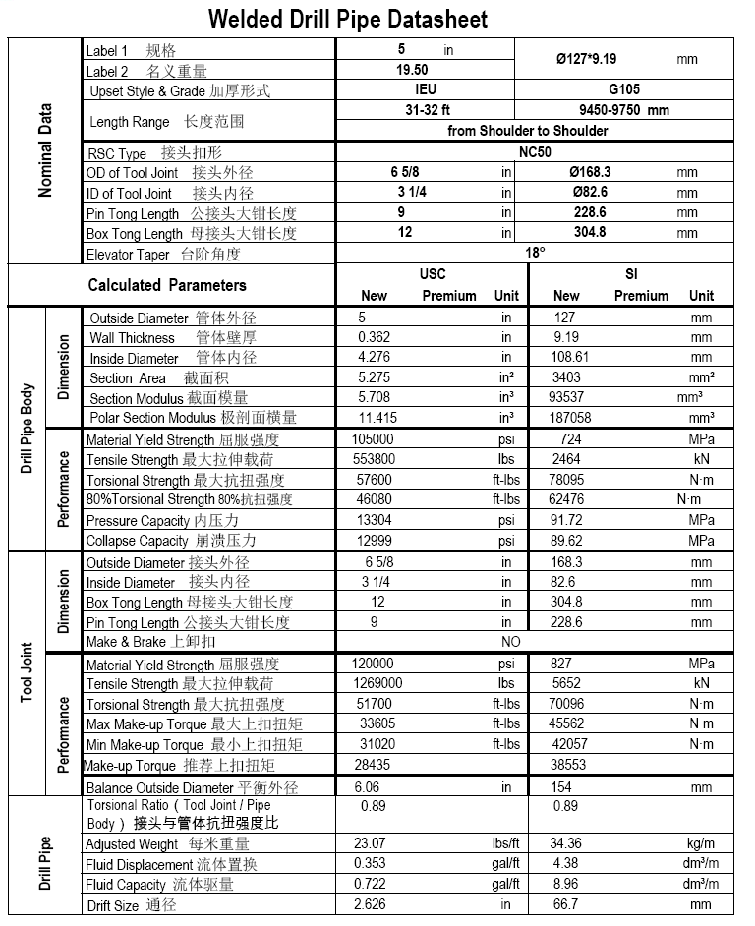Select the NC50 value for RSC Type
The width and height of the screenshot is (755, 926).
click(535, 152)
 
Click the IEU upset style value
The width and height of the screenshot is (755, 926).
click(426, 89)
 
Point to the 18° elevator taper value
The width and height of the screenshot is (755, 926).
click(535, 253)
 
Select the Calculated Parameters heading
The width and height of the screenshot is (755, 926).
click(167, 285)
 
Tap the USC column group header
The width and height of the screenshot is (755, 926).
click(433, 274)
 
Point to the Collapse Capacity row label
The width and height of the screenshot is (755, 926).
click(171, 541)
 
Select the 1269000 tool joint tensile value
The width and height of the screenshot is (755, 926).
click(378, 683)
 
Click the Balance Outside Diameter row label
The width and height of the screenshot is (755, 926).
click(192, 787)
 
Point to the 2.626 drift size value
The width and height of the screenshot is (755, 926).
click(372, 904)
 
